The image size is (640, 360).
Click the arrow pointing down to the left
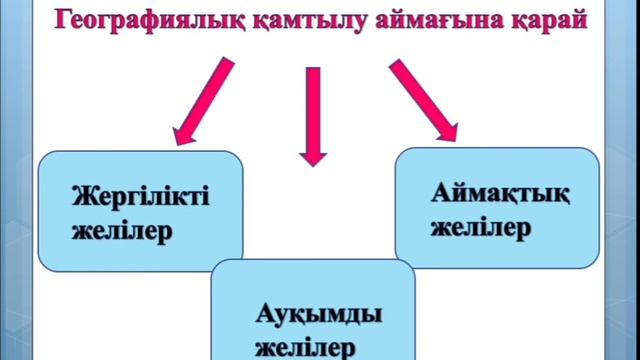pos(205,100)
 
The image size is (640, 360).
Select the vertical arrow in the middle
pos(313,115)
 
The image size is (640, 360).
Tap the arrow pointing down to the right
pos(423,100)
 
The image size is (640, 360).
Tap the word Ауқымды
pos(317,314)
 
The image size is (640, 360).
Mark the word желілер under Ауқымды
pos(304,348)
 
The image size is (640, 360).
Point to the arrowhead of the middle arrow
pos(313,153)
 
